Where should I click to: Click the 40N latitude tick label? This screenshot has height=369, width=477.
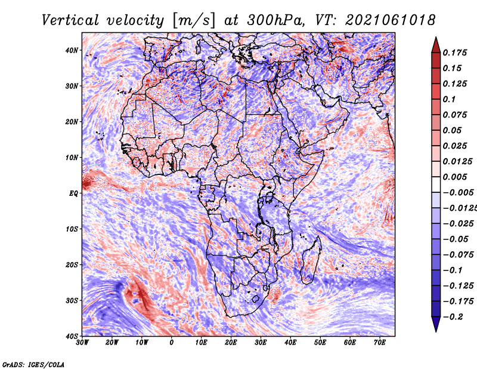(x=72, y=50)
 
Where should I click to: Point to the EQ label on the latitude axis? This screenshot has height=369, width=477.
(x=73, y=194)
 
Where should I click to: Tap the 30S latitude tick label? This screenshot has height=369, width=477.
(x=72, y=301)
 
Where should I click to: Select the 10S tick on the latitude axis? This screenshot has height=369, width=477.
(x=72, y=229)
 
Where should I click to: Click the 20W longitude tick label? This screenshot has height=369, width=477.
(x=112, y=343)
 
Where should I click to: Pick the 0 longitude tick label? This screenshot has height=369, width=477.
(x=172, y=343)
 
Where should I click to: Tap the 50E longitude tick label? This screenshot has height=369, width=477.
(x=320, y=343)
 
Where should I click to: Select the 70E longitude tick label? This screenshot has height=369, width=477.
(x=379, y=343)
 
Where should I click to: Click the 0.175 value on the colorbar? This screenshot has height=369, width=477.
(x=455, y=53)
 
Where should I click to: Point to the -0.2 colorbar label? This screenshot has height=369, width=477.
(x=453, y=317)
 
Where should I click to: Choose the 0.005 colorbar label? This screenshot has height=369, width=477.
(x=455, y=177)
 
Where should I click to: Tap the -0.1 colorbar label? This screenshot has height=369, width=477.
(x=453, y=270)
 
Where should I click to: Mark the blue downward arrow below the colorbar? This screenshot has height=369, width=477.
(x=436, y=324)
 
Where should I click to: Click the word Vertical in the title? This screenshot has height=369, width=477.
(x=70, y=20)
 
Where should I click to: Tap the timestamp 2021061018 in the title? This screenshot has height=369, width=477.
(x=391, y=20)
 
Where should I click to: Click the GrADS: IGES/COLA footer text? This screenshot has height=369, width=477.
(x=33, y=365)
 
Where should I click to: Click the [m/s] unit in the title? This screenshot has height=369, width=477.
(x=194, y=21)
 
